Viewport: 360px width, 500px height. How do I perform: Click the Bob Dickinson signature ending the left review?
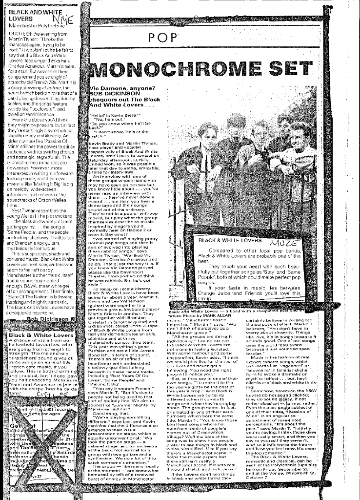click(44, 318)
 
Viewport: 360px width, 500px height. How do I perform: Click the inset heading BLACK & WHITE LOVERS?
click(225, 240)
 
